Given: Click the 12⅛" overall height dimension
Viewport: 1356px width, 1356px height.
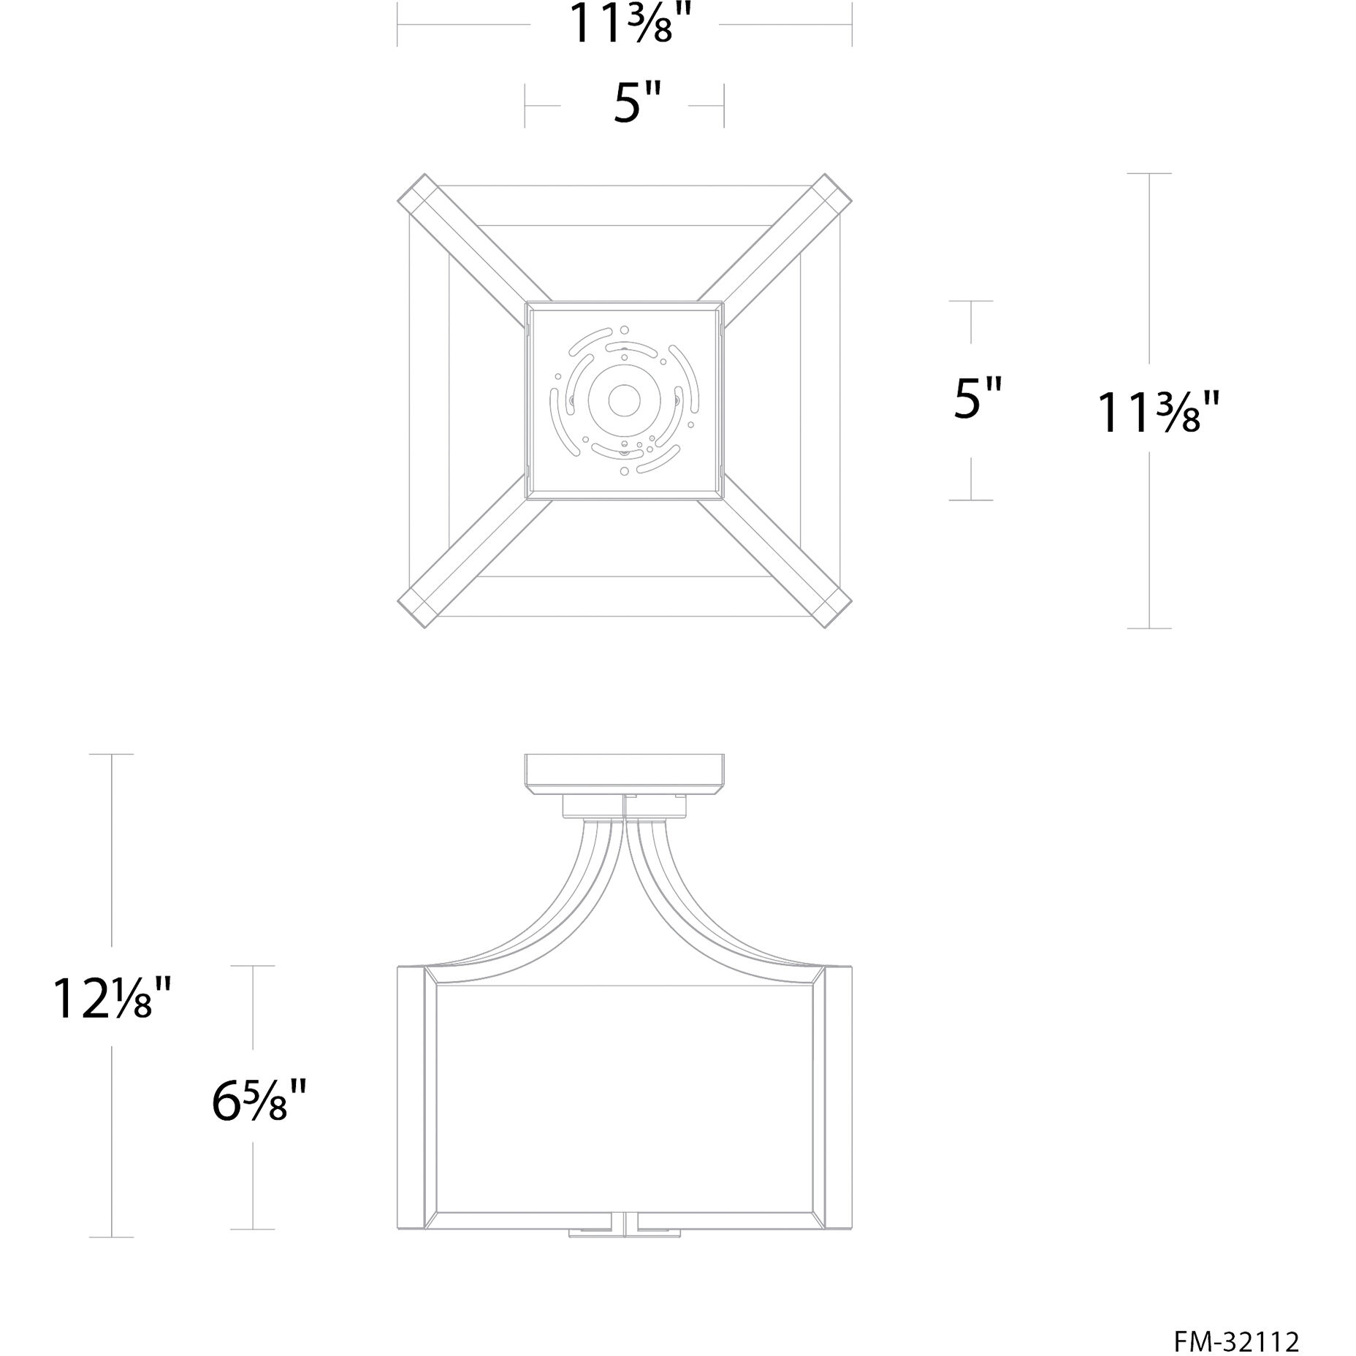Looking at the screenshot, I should coord(112,998).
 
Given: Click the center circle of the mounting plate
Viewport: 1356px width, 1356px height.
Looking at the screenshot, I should coord(624,400).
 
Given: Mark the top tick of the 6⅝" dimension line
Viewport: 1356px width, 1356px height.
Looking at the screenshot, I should coord(254,966).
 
